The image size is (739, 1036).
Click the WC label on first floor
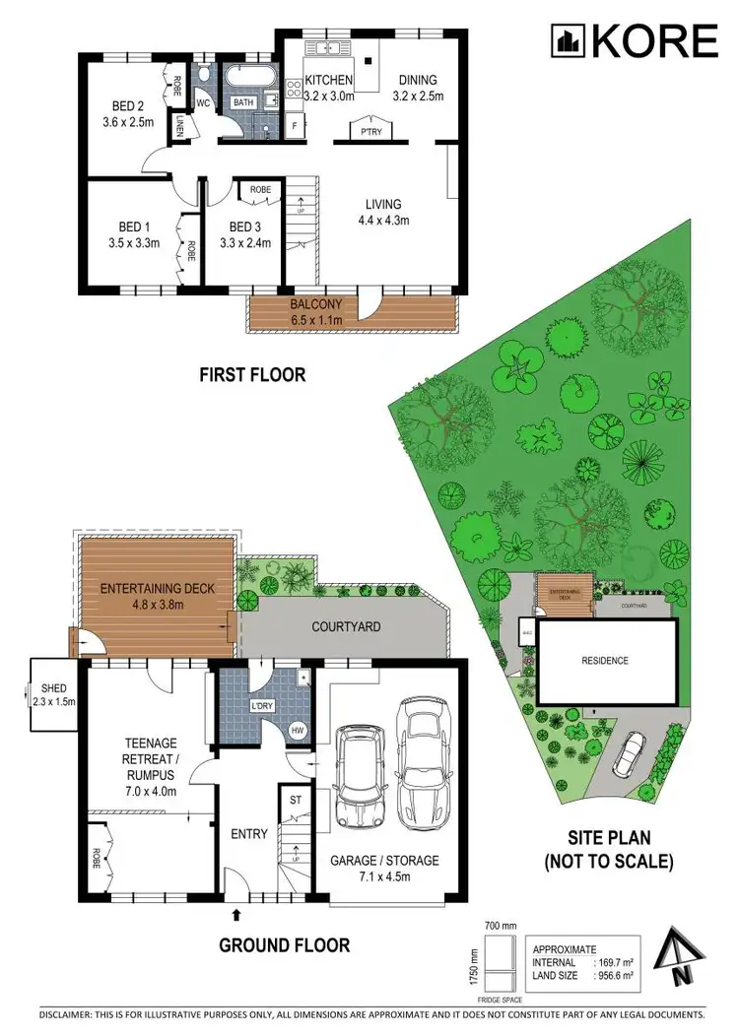pos(204,101)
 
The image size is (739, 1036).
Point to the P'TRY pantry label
pos(370,131)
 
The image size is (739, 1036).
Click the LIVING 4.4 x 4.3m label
pos(383,212)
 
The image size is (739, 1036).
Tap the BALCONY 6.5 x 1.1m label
pos(315,313)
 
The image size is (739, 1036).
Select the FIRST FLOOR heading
pos(252,374)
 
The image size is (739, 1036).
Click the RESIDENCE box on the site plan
pos(604,661)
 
